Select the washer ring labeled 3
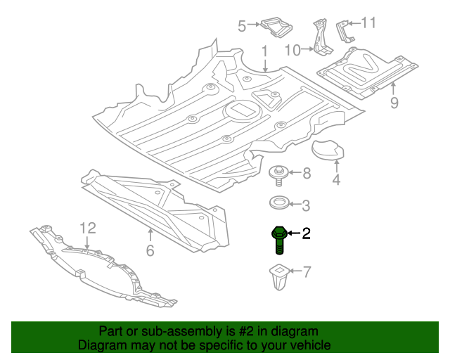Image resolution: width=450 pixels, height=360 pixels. pos(278,205)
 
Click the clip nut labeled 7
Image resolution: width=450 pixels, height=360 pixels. pos(279,277)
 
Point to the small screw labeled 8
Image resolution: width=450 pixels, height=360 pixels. pos(278,173)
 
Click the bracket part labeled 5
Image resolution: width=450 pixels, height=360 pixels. pos(276,27)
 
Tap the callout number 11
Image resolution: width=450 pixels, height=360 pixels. pos(368,23)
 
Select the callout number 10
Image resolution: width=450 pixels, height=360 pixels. pos(292,49)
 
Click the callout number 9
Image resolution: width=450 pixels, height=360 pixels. pos(394,103)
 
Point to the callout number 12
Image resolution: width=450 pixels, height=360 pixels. pos(87,228)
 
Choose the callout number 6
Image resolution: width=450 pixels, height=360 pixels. pos(150,251)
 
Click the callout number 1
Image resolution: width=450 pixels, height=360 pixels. pos(265,51)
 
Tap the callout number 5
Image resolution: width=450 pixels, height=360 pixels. pos(241,27)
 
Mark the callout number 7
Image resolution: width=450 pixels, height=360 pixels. pos(306,270)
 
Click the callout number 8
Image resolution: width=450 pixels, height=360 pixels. pos(306,173)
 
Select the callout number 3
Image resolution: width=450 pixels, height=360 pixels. pos(306,205)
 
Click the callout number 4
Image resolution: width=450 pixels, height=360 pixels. pos(336,180)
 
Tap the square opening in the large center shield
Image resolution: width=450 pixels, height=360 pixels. pos(241,111)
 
